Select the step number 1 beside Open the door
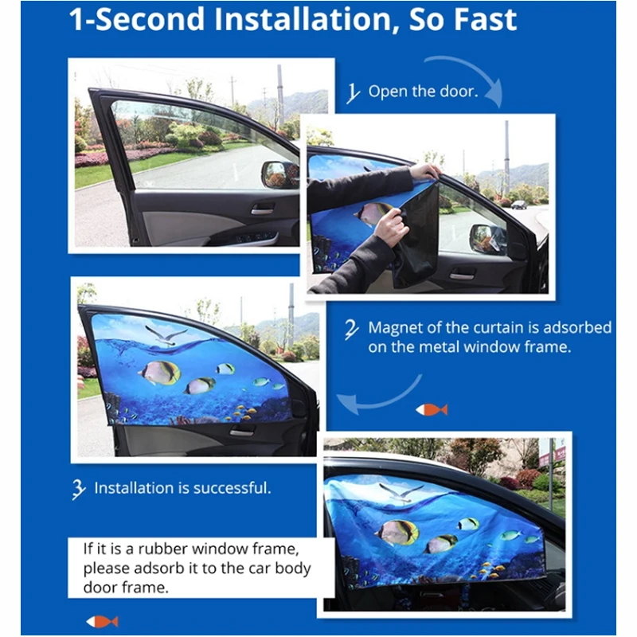[x=353, y=93]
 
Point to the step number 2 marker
[x=351, y=328]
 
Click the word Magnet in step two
[x=397, y=327]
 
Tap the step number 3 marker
[x=78, y=489]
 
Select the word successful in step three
[x=232, y=487]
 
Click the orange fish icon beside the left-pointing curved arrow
[x=431, y=409]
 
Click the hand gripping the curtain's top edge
[x=424, y=172]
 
